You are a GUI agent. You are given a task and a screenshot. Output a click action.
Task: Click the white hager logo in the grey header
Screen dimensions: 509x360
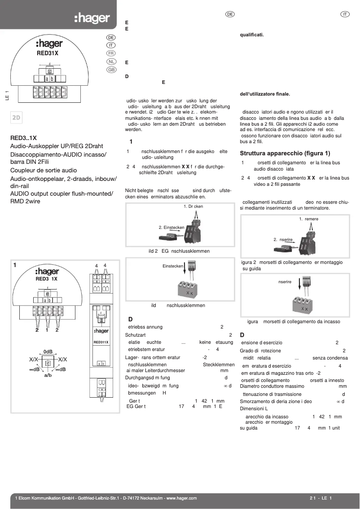92,18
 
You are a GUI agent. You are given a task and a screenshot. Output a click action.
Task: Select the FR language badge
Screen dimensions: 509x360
111,53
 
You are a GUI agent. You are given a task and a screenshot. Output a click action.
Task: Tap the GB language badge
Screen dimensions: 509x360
111,70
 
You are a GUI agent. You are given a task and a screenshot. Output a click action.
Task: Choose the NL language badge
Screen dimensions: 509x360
111,61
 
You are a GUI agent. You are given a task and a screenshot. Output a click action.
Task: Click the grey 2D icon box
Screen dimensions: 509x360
17,118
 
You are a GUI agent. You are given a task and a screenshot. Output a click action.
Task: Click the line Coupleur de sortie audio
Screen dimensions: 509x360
44,171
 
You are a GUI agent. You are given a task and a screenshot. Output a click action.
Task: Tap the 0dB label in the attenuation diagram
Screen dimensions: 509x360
48,351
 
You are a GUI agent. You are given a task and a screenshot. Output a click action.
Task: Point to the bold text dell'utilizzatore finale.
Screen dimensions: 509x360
265,94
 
